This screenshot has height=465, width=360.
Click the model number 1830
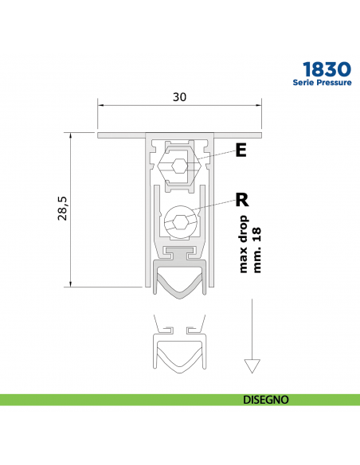[x=327, y=69]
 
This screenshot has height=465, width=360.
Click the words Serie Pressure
[x=322, y=83]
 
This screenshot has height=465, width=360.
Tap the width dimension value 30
[x=179, y=97]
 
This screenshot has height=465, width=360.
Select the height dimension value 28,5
[x=63, y=208]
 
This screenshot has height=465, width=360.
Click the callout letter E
[x=241, y=150]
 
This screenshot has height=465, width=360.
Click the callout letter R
[x=242, y=200]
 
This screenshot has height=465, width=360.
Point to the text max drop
[x=243, y=244]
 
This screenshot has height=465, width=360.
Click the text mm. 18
[x=256, y=250]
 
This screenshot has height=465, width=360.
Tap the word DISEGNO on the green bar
[x=266, y=400]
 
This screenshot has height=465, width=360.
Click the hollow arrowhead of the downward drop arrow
[x=252, y=365]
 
